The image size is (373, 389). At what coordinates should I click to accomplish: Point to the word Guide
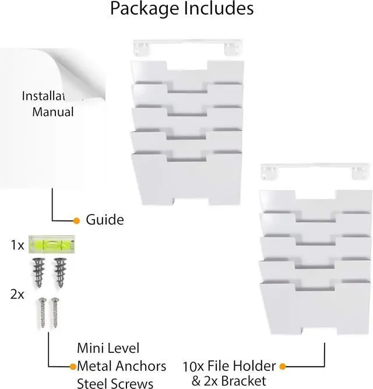click(x=105, y=220)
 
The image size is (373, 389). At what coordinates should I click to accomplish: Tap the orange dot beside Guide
click(x=76, y=220)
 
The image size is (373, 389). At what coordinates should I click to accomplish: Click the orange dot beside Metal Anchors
click(x=73, y=366)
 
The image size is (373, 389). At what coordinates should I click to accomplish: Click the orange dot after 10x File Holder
click(x=283, y=366)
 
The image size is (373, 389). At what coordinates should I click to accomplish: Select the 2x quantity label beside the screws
click(x=17, y=295)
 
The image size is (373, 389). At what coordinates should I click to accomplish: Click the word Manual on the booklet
click(x=53, y=111)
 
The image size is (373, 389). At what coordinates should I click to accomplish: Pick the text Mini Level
click(x=108, y=348)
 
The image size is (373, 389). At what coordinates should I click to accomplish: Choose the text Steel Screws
click(x=115, y=383)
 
